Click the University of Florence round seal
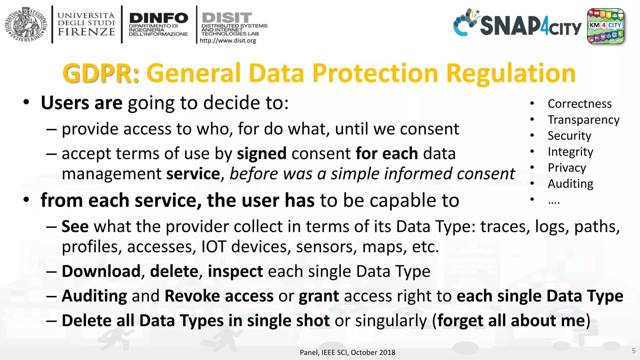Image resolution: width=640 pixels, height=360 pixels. (x=26, y=24)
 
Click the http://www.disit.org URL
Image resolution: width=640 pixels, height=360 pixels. (x=228, y=41)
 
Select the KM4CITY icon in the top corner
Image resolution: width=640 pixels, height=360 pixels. (x=605, y=26)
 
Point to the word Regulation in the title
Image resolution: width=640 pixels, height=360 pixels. (x=511, y=73)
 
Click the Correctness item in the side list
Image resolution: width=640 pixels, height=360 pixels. (x=579, y=104)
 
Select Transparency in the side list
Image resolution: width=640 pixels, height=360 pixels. (x=583, y=120)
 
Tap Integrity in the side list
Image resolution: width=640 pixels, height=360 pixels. (x=570, y=152)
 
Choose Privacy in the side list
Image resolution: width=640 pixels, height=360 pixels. (x=567, y=168)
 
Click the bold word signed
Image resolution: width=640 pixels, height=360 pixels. (x=262, y=153)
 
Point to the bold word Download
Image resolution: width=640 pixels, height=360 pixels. (x=101, y=271)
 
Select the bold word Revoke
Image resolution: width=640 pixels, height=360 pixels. (x=192, y=296)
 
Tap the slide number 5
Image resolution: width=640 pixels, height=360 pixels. (x=633, y=351)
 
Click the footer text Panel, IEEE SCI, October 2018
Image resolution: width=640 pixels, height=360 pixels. (x=347, y=352)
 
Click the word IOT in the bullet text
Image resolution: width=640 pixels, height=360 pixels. (x=213, y=247)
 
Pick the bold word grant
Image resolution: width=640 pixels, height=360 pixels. (x=319, y=296)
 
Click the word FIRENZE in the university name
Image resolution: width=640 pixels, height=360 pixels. (x=86, y=32)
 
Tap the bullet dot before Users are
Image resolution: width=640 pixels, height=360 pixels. (x=27, y=102)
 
